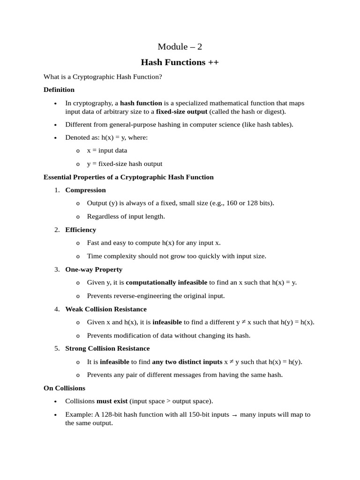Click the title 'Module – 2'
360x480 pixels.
click(x=180, y=46)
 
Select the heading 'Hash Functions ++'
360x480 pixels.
click(x=180, y=62)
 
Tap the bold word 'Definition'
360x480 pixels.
click(x=59, y=90)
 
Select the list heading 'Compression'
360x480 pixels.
click(x=85, y=190)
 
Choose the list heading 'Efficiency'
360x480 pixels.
click(x=81, y=230)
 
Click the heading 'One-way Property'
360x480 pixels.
click(x=94, y=270)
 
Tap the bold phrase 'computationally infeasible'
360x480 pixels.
click(x=166, y=282)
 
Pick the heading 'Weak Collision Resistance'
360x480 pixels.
click(x=106, y=309)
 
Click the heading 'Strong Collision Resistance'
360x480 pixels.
click(x=107, y=349)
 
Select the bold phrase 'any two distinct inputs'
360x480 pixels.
click(x=187, y=362)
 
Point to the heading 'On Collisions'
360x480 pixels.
click(x=64, y=388)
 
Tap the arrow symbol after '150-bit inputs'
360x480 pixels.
click(x=234, y=415)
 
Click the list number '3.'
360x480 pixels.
click(x=57, y=270)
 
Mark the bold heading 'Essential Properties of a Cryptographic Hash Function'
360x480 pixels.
click(x=128, y=177)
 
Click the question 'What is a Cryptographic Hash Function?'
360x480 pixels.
click(x=103, y=76)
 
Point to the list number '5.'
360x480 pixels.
click(x=57, y=349)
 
